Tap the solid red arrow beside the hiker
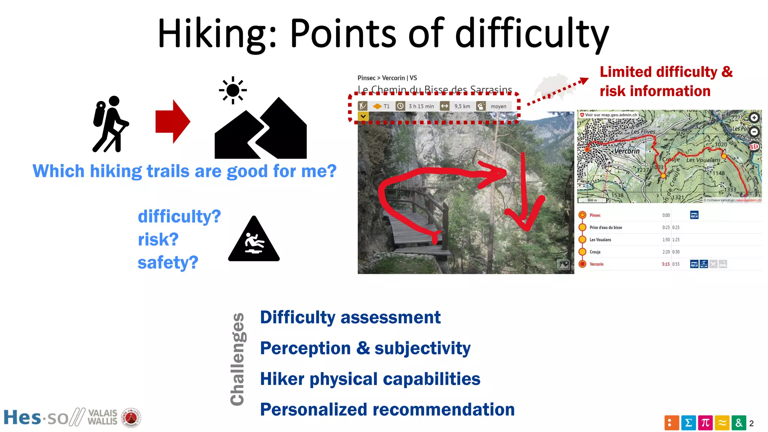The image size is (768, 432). (x=172, y=121)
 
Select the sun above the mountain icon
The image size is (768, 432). (x=233, y=90)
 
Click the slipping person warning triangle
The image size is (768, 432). (x=254, y=240)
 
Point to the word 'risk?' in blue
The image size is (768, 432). (x=158, y=239)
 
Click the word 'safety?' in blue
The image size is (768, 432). (x=168, y=262)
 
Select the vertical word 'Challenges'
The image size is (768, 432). (x=237, y=359)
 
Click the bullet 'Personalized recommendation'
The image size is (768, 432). (x=387, y=409)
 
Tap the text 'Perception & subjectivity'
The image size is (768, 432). (x=365, y=348)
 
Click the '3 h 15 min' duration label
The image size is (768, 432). (x=421, y=106)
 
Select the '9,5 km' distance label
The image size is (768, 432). (x=462, y=106)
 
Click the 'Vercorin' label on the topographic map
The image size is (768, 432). (x=627, y=151)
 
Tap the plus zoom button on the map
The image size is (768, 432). (x=754, y=118)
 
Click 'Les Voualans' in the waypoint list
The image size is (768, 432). (x=600, y=240)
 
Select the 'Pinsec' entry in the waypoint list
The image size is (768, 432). (x=595, y=215)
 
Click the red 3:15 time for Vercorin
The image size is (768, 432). (x=665, y=264)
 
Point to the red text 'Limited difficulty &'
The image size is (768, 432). (x=666, y=72)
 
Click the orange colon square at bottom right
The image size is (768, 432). (x=671, y=423)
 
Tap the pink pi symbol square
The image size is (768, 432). (x=705, y=423)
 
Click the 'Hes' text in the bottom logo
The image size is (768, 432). (x=22, y=417)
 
